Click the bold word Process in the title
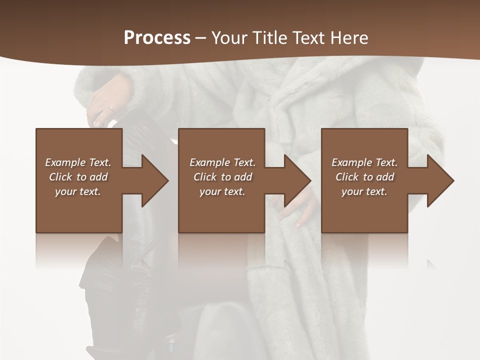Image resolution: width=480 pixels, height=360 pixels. [x=157, y=38]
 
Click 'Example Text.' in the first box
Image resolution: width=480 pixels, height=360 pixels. [x=78, y=162]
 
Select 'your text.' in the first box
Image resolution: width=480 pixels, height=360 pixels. [x=78, y=191]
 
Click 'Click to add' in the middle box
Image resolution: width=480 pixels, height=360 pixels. [x=222, y=177]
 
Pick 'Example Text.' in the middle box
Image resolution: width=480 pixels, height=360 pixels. [x=222, y=162]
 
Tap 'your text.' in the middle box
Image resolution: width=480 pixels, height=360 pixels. [x=222, y=191]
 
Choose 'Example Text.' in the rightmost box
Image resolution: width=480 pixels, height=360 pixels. [x=364, y=162]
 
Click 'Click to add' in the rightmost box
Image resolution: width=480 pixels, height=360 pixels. [x=364, y=177]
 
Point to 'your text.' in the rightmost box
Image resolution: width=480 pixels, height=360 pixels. [x=364, y=191]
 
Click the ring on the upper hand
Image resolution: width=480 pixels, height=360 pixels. [x=110, y=108]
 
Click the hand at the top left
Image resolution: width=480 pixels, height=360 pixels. [x=105, y=102]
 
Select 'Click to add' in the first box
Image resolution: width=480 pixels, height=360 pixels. [x=78, y=177]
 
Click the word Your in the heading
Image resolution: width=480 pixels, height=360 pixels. [x=230, y=38]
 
